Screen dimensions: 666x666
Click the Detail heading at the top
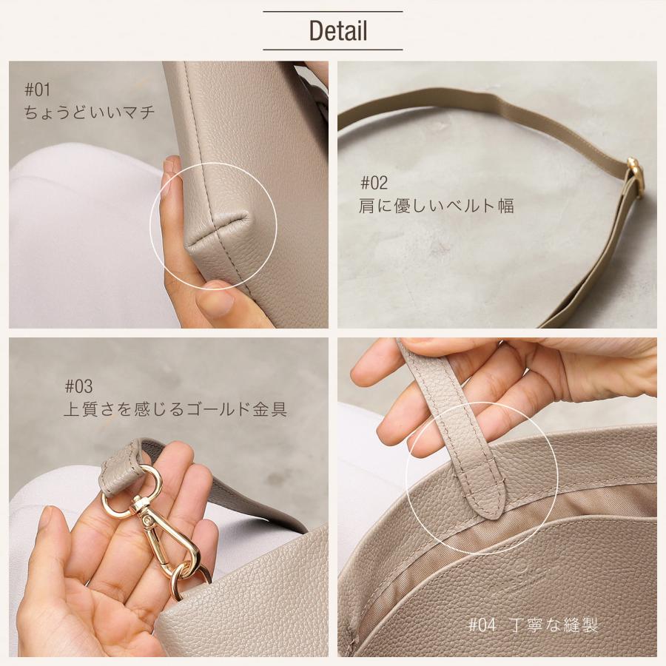click(337, 31)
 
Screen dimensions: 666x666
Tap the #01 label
click(37, 90)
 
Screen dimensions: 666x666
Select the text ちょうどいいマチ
click(90, 112)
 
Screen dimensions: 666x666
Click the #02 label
click(374, 183)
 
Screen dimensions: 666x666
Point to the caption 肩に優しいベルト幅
click(436, 206)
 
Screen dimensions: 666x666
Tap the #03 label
click(78, 386)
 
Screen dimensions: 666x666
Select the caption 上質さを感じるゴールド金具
click(175, 408)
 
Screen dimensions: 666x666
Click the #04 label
click(482, 625)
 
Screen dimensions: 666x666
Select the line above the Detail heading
click(333, 12)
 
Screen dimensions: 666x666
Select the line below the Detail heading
click(333, 50)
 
